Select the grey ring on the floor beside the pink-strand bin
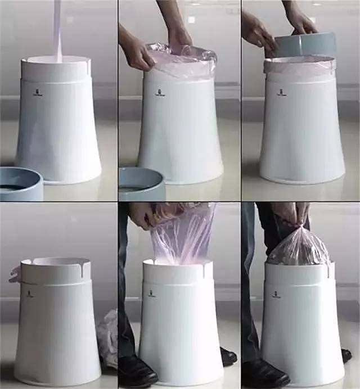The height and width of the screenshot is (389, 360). point(21,184)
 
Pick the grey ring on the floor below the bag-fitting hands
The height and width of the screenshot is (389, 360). point(141,184)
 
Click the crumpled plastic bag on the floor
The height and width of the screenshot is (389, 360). point(107,337)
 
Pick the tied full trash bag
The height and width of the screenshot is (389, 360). point(298,247)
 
